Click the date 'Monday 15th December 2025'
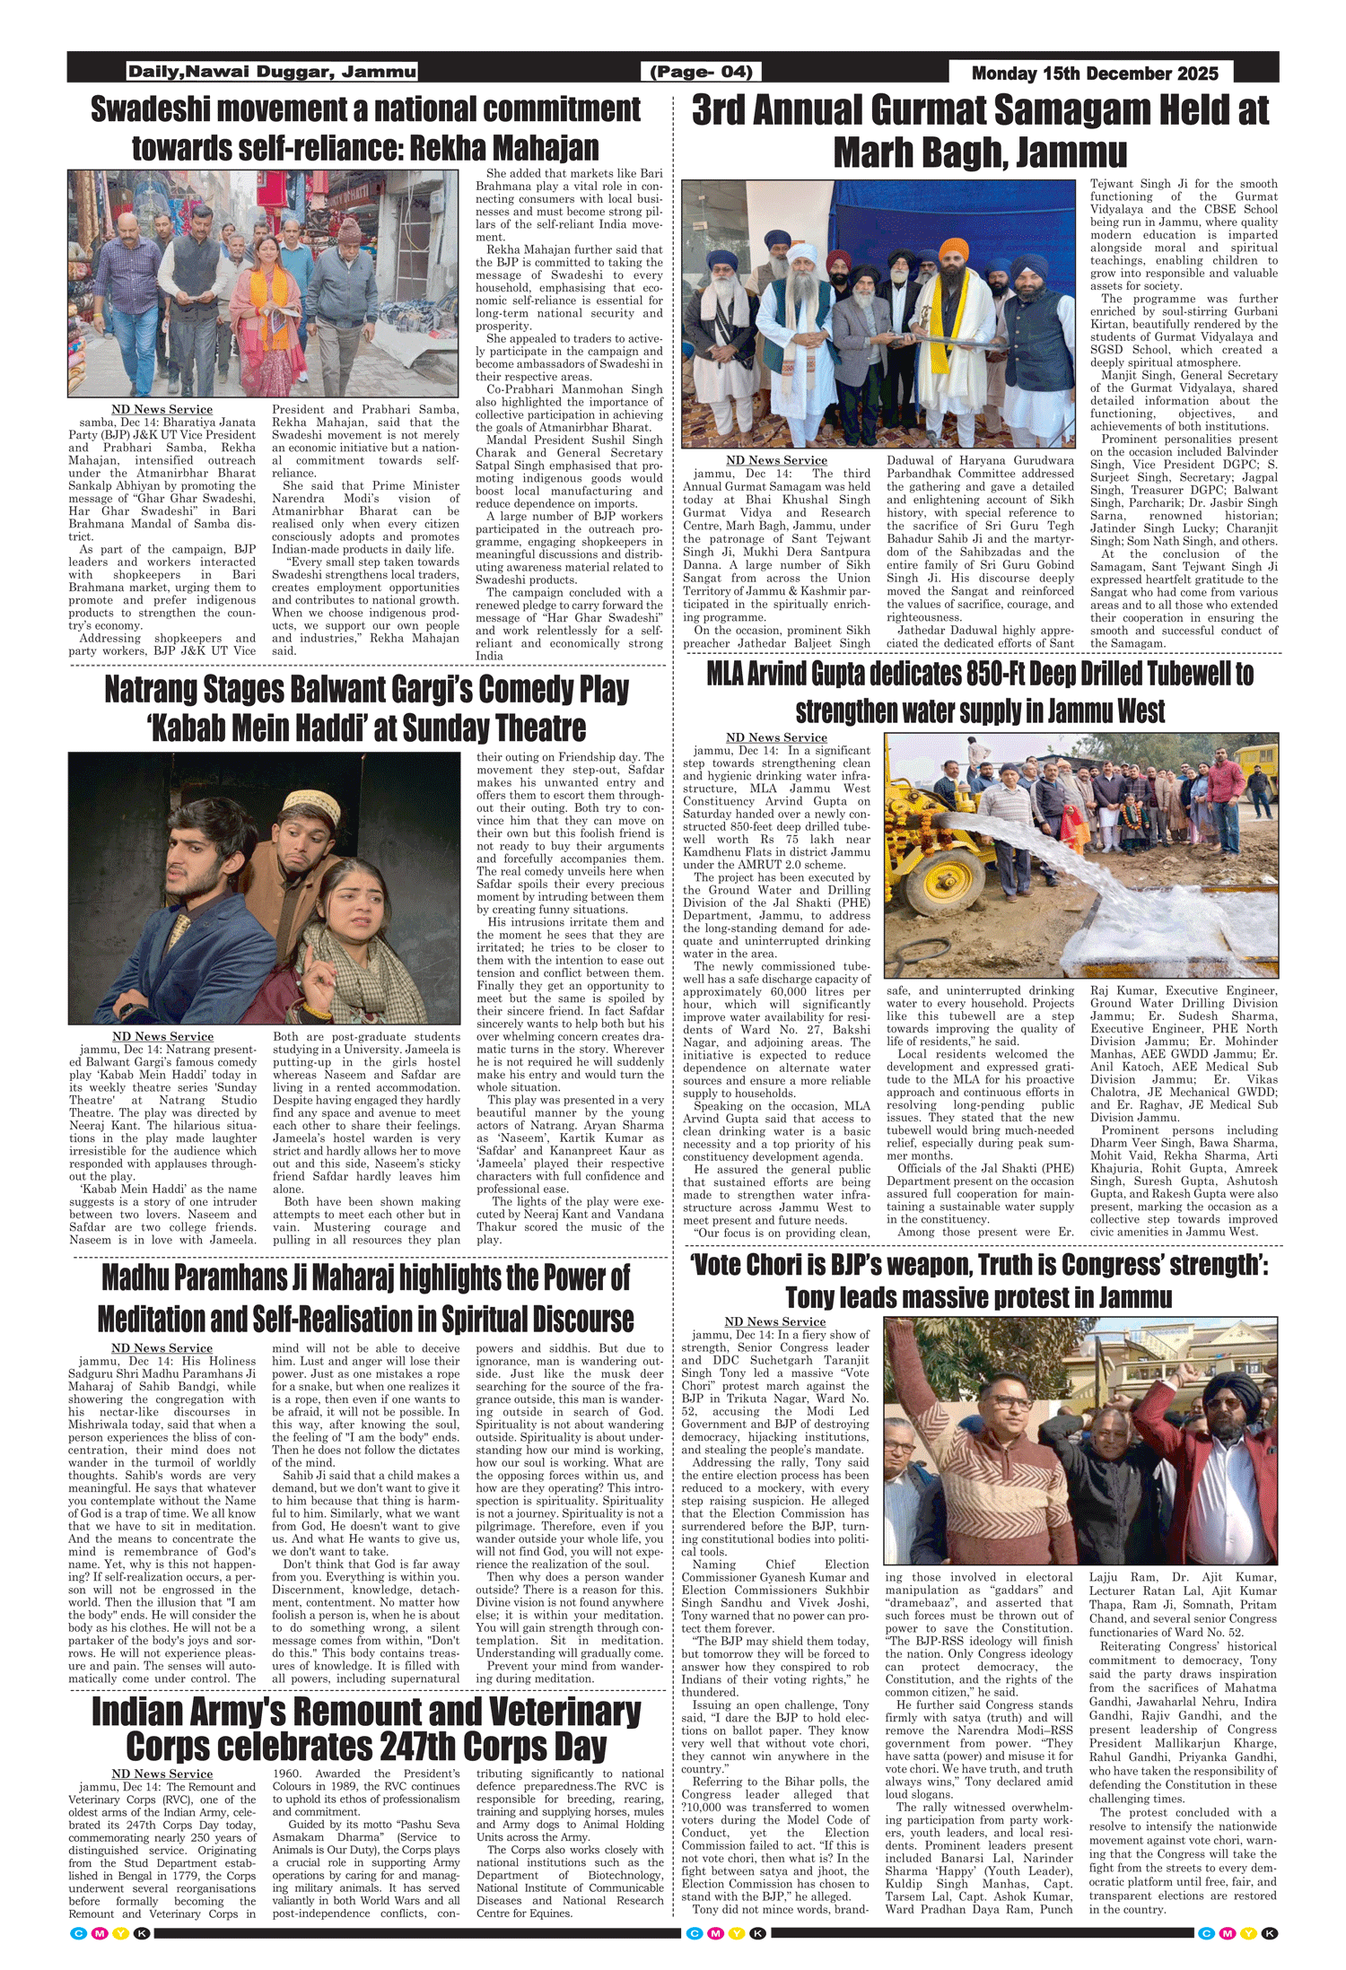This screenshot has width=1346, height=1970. click(x=1095, y=73)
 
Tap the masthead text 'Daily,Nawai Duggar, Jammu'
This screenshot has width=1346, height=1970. click(x=272, y=72)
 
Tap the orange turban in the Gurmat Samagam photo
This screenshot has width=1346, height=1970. click(x=953, y=248)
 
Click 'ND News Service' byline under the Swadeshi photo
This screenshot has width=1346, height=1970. click(x=162, y=410)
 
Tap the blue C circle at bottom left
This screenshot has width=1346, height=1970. click(x=78, y=1933)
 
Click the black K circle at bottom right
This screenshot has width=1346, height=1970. click(x=1271, y=1933)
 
